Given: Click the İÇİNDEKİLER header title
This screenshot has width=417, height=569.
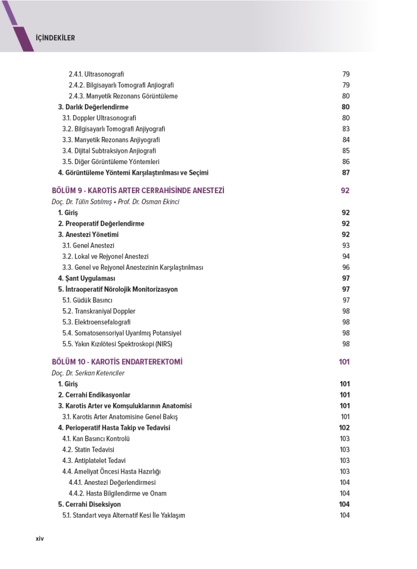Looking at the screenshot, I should tap(55, 38).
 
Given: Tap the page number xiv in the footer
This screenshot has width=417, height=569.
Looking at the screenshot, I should tap(40, 538).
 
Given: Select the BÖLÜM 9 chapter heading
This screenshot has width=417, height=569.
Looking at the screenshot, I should tap(137, 190).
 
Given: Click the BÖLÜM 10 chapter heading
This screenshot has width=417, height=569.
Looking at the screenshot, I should tap(117, 362).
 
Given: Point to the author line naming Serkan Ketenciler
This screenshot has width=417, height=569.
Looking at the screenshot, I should tap(88, 373).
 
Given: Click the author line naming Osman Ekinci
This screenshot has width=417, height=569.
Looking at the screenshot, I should tap(115, 202).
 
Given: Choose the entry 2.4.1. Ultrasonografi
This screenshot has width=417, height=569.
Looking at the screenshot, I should tap(96, 74).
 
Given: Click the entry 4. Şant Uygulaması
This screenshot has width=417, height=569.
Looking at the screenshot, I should tap(86, 278).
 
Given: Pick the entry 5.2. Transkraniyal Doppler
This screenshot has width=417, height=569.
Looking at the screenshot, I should tap(98, 311).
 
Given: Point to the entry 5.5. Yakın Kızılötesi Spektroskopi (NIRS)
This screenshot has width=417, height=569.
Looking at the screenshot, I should tap(117, 344).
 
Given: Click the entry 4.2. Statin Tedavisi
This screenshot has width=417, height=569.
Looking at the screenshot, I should tap(88, 449).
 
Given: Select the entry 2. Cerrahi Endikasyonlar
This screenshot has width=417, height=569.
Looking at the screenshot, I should tap(94, 395).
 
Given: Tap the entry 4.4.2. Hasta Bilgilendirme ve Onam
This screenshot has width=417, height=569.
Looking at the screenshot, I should tap(117, 493).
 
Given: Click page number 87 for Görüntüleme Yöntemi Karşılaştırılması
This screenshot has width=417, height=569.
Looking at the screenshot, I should tap(345, 172).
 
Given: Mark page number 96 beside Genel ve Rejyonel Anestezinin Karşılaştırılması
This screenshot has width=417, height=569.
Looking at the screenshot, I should tap(345, 267).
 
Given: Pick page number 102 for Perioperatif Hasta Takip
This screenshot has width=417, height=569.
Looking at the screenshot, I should tap(344, 428).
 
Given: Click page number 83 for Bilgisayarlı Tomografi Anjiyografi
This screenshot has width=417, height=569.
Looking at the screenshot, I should tap(346, 129).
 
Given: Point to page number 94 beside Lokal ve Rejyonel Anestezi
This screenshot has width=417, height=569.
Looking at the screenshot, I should tap(346, 256).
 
